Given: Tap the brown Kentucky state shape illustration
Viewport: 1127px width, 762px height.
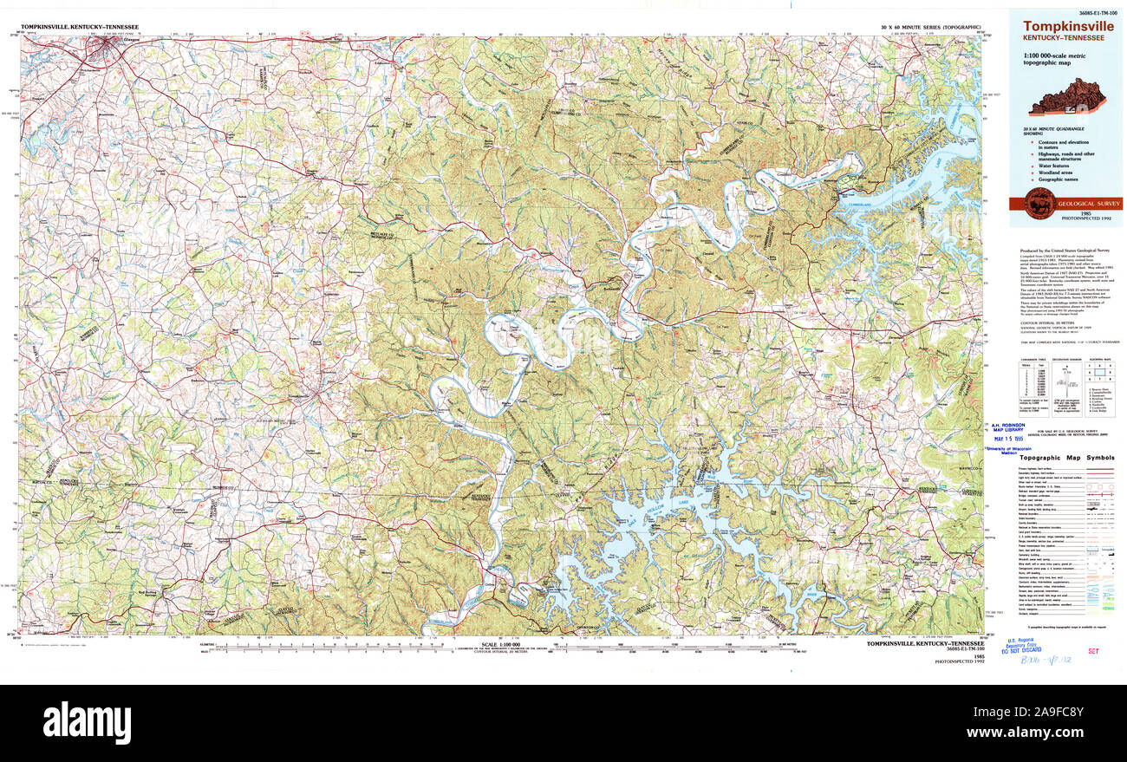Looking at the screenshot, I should pos(1064,97).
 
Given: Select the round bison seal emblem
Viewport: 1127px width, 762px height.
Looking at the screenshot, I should pos(1039,203).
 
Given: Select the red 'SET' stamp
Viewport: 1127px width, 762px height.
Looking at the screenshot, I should pos(1093,649).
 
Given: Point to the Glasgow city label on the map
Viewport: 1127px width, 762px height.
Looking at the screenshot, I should pos(107,42).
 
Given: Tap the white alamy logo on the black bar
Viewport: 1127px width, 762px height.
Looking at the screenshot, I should pos(87,722).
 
